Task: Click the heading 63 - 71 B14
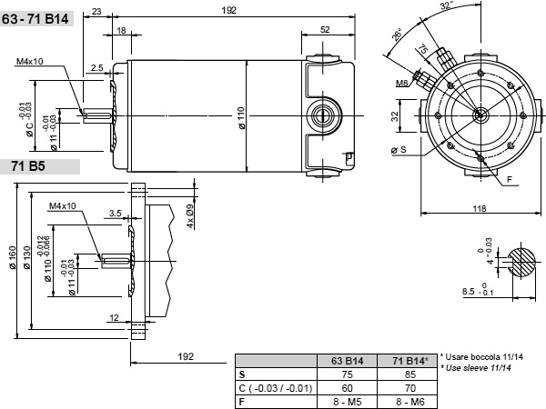click(35, 19)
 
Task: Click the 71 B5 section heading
click(28, 166)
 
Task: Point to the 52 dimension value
click(325, 30)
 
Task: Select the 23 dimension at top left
click(96, 12)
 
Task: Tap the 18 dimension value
click(121, 31)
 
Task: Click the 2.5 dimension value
click(96, 67)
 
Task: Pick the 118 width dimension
click(480, 208)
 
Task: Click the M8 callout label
click(401, 83)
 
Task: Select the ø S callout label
click(399, 150)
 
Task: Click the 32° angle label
click(447, 6)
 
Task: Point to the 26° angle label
click(397, 35)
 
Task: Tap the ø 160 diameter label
click(13, 258)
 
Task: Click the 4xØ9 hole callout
click(190, 216)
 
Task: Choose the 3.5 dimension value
click(115, 213)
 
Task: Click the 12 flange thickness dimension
click(114, 317)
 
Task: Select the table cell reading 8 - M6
click(410, 402)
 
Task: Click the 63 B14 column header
click(348, 361)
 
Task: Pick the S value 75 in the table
click(348, 374)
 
